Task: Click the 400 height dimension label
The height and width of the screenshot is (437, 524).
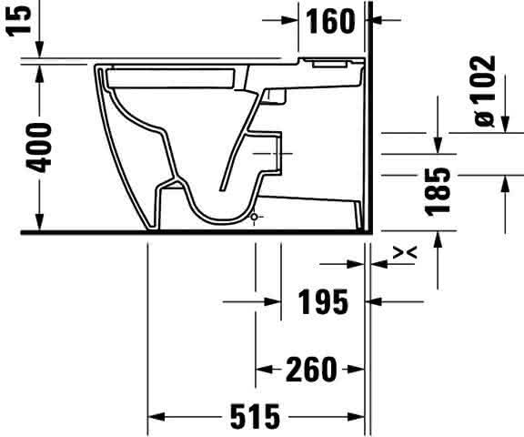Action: [x=39, y=147]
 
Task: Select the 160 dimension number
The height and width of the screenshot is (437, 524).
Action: [x=330, y=22]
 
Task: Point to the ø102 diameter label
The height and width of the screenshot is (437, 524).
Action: [x=485, y=91]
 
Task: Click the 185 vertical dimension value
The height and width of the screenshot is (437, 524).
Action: [x=438, y=192]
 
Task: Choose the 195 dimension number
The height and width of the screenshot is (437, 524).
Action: [x=323, y=302]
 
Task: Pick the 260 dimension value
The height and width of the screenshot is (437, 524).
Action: [x=311, y=370]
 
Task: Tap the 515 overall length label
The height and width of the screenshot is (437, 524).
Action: [x=255, y=417]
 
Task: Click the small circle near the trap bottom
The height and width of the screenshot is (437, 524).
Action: [x=255, y=217]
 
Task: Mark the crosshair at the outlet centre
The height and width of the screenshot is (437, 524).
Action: [x=277, y=154]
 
